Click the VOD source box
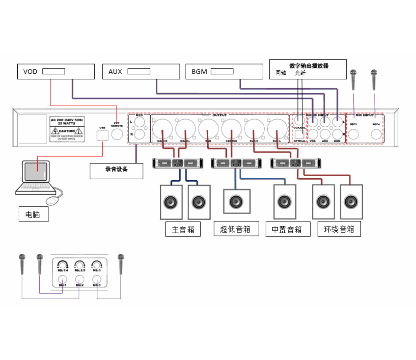(x=56, y=72)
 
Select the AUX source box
(x=141, y=72)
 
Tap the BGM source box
(x=224, y=72)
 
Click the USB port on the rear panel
(x=102, y=135)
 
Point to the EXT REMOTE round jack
(x=117, y=134)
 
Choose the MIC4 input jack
(x=376, y=134)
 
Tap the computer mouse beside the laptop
(x=52, y=200)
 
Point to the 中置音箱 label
(x=287, y=229)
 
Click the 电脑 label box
(x=33, y=215)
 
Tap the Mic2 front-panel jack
(x=79, y=279)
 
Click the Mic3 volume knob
(x=97, y=264)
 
